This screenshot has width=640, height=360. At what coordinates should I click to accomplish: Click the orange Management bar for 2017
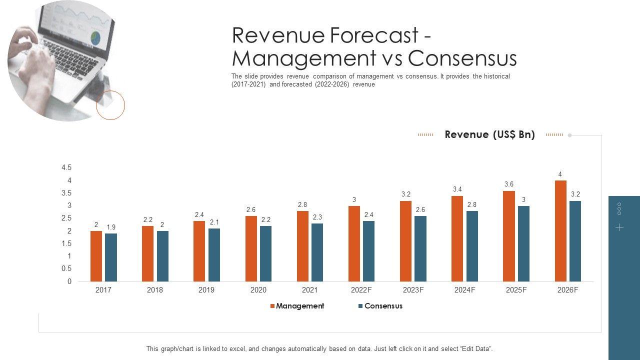tap(96, 256)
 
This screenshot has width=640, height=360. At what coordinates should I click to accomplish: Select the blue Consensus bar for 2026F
tap(575, 241)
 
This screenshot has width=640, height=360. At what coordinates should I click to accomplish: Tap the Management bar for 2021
tap(302, 246)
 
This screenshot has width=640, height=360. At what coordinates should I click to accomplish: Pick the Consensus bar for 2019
tap(214, 255)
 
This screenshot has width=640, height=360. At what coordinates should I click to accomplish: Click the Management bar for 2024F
tap(457, 238)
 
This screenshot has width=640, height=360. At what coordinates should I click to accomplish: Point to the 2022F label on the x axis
tap(361, 290)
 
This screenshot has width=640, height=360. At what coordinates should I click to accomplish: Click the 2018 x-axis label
tap(155, 290)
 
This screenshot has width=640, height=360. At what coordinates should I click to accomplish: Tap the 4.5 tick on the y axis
tap(66, 167)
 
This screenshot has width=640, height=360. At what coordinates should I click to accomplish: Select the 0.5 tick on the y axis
tap(66, 268)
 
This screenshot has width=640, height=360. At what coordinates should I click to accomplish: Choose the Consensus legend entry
tap(383, 306)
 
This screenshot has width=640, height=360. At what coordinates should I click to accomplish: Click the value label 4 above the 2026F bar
tap(560, 174)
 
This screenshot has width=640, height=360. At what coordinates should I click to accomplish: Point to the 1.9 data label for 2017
tap(111, 227)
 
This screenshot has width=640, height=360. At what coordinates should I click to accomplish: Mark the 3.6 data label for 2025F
tap(509, 184)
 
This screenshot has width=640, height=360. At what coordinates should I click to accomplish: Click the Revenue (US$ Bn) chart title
tap(489, 134)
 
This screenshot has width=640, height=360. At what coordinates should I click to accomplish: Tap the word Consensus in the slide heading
tap(462, 58)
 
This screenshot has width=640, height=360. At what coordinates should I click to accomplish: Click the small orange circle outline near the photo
tap(110, 105)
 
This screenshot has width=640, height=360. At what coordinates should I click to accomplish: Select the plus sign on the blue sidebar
tap(619, 227)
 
